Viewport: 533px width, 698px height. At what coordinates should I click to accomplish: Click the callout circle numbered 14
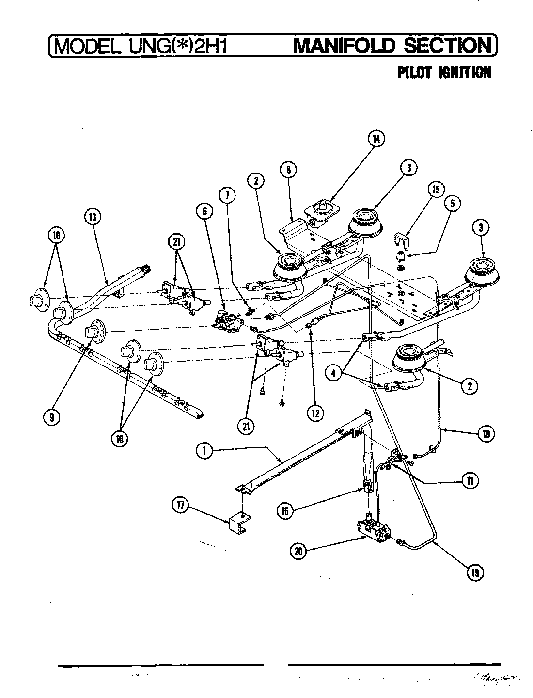coord(375,139)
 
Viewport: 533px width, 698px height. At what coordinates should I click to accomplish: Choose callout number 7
coord(227,195)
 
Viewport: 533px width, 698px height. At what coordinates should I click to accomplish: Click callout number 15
coord(436,190)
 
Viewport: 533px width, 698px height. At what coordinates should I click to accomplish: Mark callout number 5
coord(452,204)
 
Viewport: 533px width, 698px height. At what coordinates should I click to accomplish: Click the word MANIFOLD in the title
coord(345,47)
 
